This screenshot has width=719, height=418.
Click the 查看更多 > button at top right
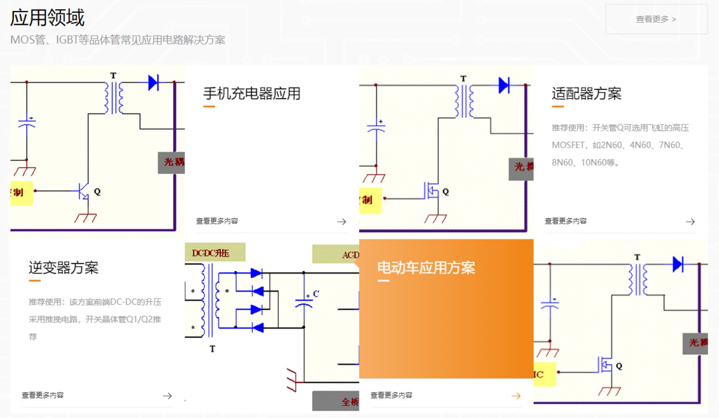pos(656,19)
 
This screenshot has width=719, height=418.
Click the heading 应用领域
pos(47,18)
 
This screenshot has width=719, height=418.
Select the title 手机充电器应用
pos(252,93)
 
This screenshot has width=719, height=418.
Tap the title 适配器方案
pos(586,93)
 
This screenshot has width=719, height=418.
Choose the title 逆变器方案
pos(63,268)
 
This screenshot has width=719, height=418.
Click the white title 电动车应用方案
pos(426,268)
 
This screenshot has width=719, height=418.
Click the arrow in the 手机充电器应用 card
pos(342,222)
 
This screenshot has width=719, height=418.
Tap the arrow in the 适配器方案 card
pos(691,222)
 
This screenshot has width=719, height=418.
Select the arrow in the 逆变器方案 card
pos(167,396)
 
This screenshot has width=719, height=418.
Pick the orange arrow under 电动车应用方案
pos(516,396)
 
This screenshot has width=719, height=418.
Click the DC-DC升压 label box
pos(214,253)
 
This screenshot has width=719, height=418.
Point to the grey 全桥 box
pos(336,401)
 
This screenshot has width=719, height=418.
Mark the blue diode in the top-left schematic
pos(153,83)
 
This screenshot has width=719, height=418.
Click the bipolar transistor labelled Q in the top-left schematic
pos(83,191)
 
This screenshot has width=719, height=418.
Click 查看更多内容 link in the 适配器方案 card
pos(566,221)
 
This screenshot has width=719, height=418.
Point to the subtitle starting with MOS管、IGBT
pos(118,40)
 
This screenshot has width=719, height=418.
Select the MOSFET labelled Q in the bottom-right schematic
pos(605,366)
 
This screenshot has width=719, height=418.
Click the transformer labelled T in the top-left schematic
pos(113,98)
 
